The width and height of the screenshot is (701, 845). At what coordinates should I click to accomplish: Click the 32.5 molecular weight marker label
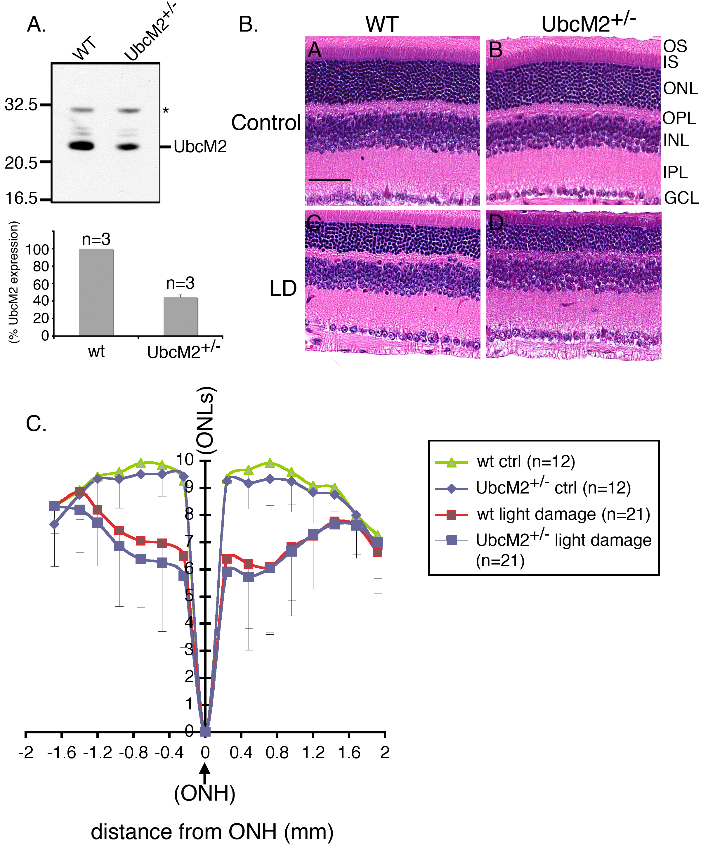click(x=21, y=105)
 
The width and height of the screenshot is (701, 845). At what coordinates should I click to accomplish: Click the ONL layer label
click(x=680, y=89)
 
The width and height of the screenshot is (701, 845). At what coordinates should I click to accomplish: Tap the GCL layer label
click(x=681, y=198)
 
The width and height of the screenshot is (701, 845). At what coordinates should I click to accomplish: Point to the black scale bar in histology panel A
click(x=329, y=180)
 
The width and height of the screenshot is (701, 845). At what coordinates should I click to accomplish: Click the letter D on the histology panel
click(x=496, y=223)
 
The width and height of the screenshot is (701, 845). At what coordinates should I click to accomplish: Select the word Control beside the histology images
click(x=266, y=123)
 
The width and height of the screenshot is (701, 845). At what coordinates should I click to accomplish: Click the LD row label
click(x=283, y=288)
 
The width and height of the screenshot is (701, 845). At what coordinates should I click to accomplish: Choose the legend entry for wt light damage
click(x=563, y=514)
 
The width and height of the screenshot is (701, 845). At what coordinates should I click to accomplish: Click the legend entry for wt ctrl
click(x=526, y=462)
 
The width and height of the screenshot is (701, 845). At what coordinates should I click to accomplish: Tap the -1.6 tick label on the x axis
click(x=62, y=752)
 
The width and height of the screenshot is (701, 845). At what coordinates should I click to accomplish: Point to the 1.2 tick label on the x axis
click(x=313, y=752)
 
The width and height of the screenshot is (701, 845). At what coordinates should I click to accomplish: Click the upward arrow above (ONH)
click(x=205, y=773)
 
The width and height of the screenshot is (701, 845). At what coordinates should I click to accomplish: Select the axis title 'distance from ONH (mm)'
click(x=212, y=831)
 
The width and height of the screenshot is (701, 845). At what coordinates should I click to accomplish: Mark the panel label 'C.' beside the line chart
click(x=36, y=424)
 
